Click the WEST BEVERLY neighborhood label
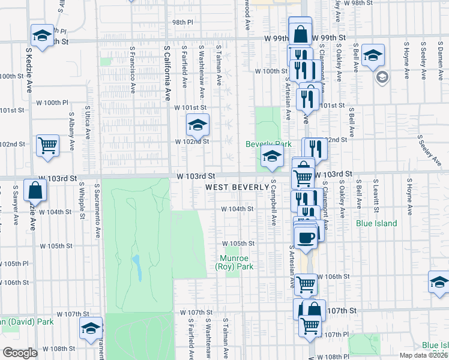coord(237,187)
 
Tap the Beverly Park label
coord(268,144)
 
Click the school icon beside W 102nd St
coord(197,125)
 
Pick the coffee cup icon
coord(306,236)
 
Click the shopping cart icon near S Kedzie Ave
coord(47,145)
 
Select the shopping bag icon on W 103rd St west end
coord(36,190)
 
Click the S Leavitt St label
coord(376,196)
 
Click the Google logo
coord(20,353)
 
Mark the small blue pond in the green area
coord(137,268)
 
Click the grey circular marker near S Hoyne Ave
coord(382,77)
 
